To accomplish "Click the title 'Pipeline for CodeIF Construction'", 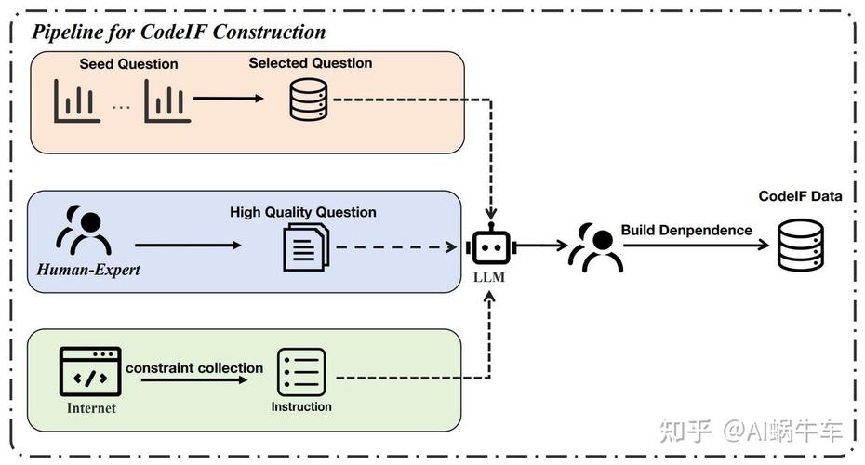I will click(180, 32).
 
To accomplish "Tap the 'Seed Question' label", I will click(128, 64).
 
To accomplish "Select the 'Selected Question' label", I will click(310, 63).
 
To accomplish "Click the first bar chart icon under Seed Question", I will click(77, 100).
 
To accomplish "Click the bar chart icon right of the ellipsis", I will click(167, 100).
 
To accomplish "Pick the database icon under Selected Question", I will click(309, 100).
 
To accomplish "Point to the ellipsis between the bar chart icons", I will click(122, 106).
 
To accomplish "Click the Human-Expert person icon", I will click(84, 232).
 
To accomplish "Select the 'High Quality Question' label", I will click(303, 212).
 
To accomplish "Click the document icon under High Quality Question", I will click(305, 247).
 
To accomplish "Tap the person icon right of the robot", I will click(596, 246).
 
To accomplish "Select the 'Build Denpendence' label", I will click(686, 230).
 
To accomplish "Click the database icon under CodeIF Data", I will click(800, 245).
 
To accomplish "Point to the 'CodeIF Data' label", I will click(800, 196).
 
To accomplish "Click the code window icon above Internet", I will click(90, 371).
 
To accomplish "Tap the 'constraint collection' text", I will click(194, 368).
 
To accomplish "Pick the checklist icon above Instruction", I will click(301, 372).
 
